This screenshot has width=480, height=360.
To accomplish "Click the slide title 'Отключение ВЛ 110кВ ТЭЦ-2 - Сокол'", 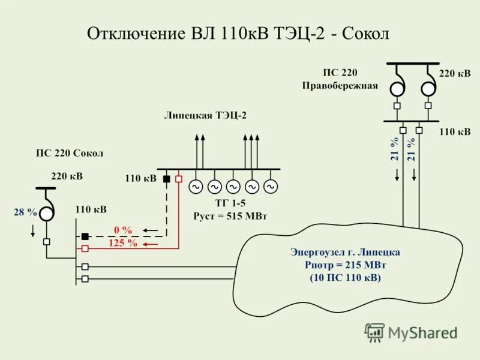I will (x=239, y=33).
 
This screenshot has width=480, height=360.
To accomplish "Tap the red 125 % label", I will (x=122, y=244).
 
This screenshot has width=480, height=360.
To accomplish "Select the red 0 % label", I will (x=123, y=230).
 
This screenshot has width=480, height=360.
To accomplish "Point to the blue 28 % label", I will (x=25, y=212).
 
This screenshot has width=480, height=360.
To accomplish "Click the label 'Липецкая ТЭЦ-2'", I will (x=205, y=116).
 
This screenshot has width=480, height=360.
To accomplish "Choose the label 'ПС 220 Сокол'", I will (x=69, y=153).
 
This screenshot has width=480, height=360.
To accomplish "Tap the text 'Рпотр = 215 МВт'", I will (x=345, y=265).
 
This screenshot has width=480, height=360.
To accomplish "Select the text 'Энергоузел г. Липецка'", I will (x=345, y=252).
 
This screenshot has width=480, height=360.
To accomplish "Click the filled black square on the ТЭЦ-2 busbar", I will (x=167, y=178).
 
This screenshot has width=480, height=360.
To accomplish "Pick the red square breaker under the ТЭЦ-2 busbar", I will (x=178, y=178).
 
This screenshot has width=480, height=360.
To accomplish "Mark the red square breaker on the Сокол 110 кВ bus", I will (x=85, y=247).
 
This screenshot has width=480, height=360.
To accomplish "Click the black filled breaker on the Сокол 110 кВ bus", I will (x=85, y=236).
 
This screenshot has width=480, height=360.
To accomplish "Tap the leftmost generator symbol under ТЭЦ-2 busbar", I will (x=196, y=187).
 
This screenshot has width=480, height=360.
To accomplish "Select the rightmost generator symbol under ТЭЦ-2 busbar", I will (x=271, y=187).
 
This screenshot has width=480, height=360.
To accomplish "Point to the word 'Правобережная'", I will (x=340, y=85).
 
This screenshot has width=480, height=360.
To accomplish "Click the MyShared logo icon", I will (x=375, y=332).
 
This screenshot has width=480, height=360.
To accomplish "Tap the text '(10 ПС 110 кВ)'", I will (x=345, y=278).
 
